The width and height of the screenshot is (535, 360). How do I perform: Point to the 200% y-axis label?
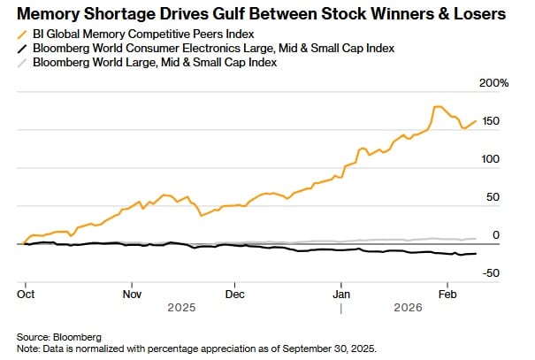pos(493,82)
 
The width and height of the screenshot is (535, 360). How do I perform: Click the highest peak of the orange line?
pos(437,107)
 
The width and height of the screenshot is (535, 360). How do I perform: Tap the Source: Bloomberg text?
pos(59,337)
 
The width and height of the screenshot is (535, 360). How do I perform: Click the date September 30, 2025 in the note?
pos(332,349)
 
